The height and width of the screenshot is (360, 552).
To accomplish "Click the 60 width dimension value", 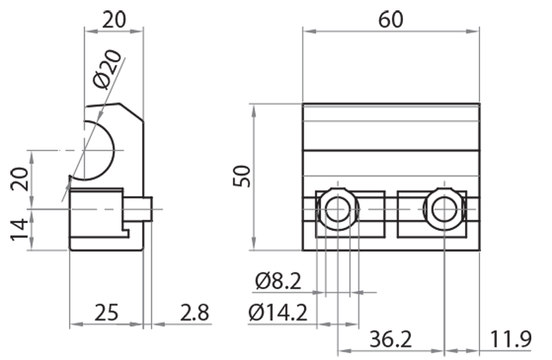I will (391, 19).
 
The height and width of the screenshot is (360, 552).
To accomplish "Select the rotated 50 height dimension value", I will (242, 177).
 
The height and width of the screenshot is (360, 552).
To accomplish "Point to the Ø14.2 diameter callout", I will (277, 313).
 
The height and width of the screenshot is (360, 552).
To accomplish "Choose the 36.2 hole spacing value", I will (391, 339).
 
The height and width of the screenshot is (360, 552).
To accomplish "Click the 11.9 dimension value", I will (511, 339).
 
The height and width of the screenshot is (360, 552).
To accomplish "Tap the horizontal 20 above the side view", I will (114, 19).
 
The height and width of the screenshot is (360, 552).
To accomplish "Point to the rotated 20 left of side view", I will (20, 179).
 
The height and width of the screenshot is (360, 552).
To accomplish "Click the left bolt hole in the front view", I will (337, 208).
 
